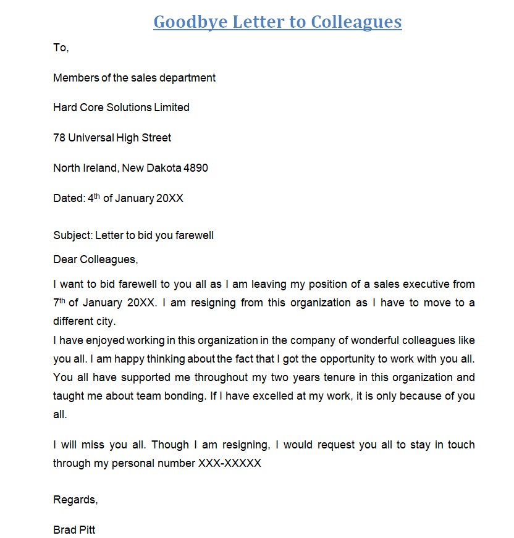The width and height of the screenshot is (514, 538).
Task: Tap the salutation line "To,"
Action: [61, 48]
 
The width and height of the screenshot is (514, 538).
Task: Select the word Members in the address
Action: [75, 78]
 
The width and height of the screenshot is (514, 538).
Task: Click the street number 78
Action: [59, 138]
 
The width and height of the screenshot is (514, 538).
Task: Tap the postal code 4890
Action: [196, 168]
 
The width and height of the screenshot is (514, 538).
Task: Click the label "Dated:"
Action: [69, 198]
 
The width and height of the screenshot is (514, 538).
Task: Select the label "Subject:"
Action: [73, 235]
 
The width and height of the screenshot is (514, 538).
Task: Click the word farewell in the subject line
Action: [194, 235]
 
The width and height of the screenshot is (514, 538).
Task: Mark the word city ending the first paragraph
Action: [104, 322]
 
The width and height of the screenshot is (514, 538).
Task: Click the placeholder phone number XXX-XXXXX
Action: [229, 463]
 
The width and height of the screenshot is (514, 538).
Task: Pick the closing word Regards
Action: [75, 500]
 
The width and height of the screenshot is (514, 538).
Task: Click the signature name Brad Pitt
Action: [74, 530]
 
